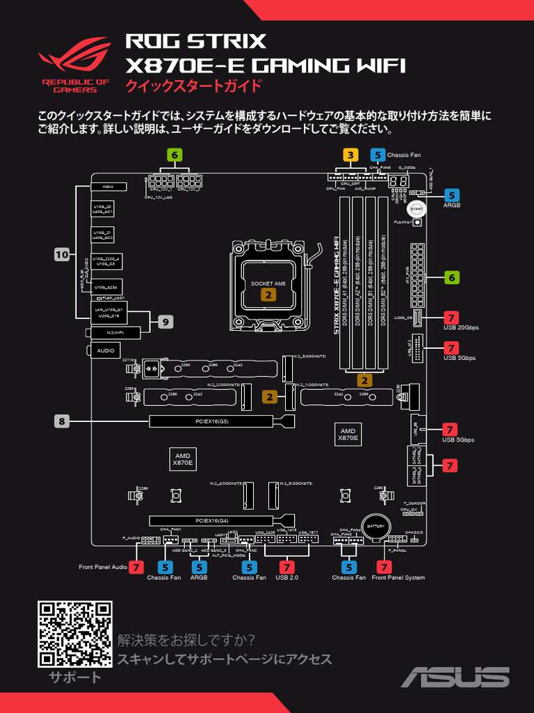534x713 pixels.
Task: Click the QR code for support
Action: [x=74, y=634]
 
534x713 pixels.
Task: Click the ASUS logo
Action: [x=455, y=677]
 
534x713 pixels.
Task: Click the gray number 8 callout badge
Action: [x=63, y=421]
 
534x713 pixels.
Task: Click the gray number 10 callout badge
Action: [x=63, y=255]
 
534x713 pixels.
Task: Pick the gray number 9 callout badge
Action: [x=165, y=322]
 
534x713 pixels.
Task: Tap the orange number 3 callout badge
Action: [x=350, y=155]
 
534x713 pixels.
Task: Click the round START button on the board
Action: [x=416, y=208]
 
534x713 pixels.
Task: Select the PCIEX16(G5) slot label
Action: [x=212, y=421]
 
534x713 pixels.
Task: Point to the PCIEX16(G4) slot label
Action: [x=212, y=521]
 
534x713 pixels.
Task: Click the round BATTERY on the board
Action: [x=375, y=527]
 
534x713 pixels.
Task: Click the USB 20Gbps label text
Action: [x=461, y=327]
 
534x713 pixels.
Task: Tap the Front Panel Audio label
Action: [x=103, y=567]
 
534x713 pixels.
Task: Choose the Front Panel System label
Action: [x=398, y=578]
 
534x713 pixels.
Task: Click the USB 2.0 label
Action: [x=286, y=578]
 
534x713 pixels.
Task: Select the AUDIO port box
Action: [x=106, y=350]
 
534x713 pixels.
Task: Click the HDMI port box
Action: [x=108, y=187]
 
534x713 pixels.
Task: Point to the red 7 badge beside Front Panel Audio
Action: [x=136, y=567]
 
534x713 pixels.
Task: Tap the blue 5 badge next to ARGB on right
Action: [x=452, y=196]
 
